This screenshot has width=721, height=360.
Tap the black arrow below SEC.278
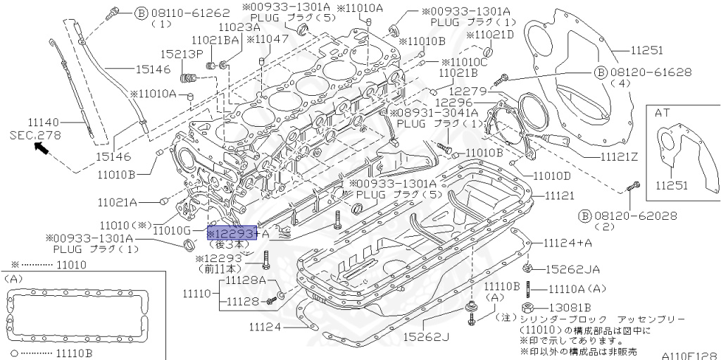pos(42,147)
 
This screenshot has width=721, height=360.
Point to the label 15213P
pos(181,54)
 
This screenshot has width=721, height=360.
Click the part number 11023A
pos(239,27)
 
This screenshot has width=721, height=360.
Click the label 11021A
pos(117,201)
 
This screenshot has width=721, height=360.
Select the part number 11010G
pos(171,230)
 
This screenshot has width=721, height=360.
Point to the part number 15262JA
pos(570,268)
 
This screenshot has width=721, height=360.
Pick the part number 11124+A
pos(568,242)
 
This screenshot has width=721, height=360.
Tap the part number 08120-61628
pos(651,72)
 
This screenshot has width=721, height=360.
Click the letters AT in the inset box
pos(663,112)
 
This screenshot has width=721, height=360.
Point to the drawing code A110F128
pos(689,356)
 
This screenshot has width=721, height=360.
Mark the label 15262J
pos(426,337)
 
